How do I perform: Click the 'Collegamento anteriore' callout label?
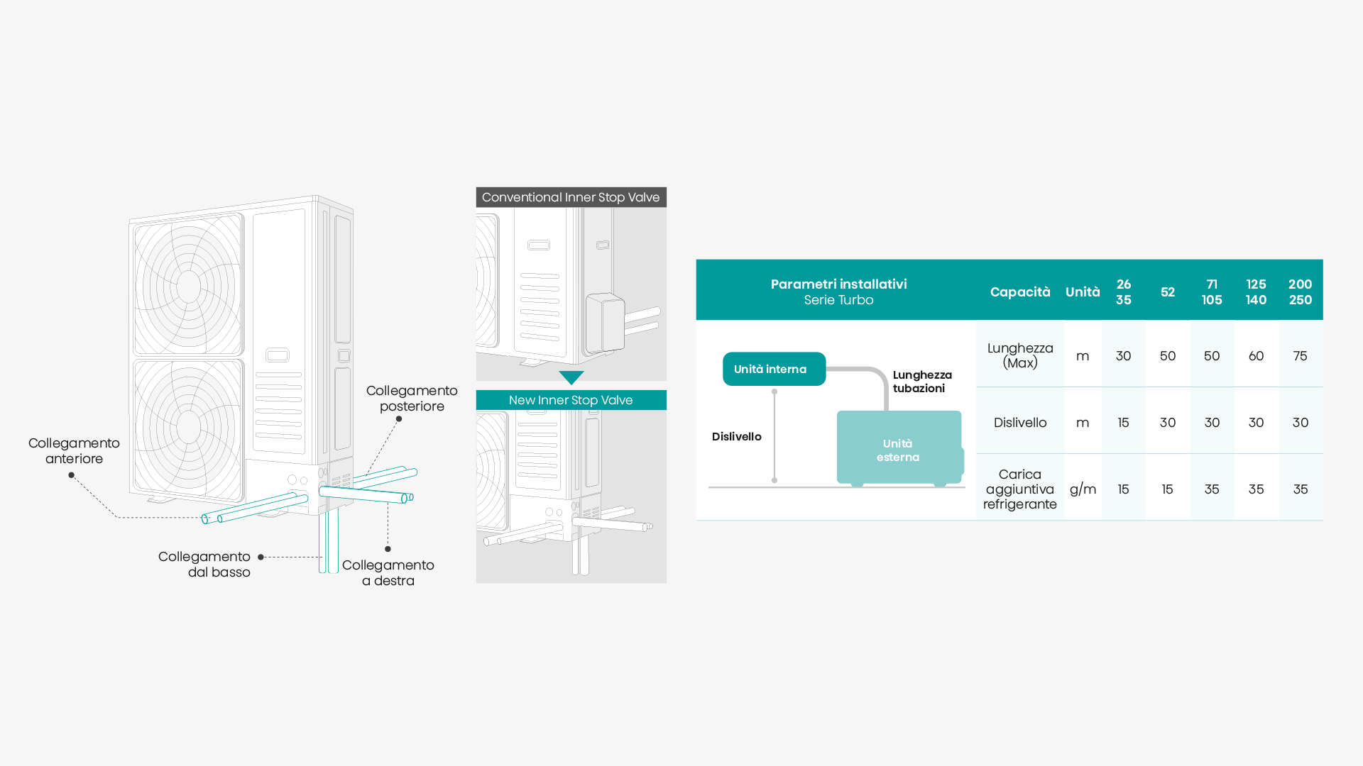[74, 451]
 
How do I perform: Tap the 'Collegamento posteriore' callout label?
[412, 399]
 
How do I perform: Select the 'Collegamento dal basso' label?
[204, 565]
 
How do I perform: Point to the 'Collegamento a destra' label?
[388, 573]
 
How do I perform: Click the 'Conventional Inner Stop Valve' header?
[571, 197]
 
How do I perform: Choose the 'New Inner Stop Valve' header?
[571, 400]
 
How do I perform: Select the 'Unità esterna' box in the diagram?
[898, 450]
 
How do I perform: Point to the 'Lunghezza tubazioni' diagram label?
[921, 382]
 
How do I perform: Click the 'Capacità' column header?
[1020, 292]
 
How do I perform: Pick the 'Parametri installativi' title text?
[838, 284]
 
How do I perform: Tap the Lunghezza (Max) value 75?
[1300, 356]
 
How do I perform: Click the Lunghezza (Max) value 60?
[1256, 356]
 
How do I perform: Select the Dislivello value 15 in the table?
[1123, 423]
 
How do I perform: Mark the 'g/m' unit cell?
[1083, 489]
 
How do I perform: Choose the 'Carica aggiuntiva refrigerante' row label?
[1019, 489]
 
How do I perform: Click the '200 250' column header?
[1300, 292]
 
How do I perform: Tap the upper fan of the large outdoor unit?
[188, 286]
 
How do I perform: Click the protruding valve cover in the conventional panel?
[605, 323]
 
